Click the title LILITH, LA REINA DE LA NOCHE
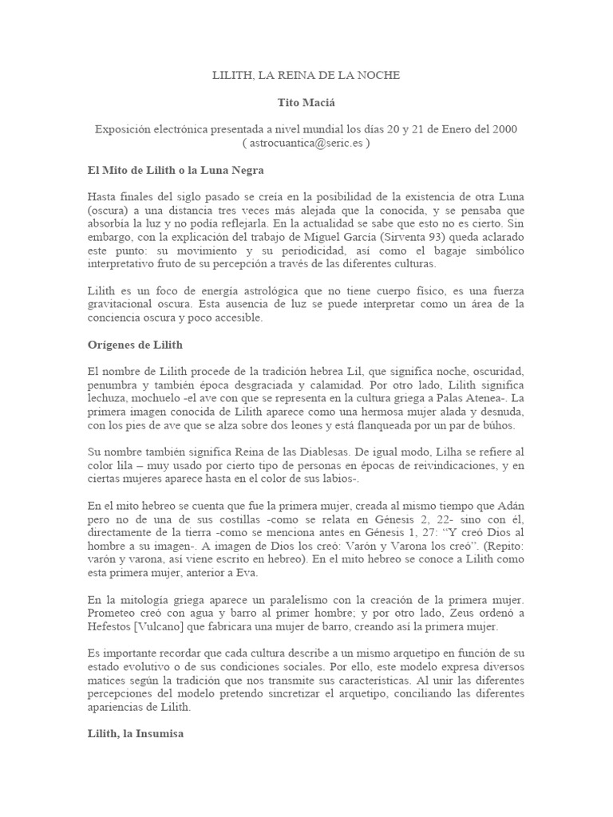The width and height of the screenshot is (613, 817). point(306,75)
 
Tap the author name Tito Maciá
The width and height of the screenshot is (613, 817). point(306,104)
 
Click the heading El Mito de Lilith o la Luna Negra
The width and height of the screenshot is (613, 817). point(175,171)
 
